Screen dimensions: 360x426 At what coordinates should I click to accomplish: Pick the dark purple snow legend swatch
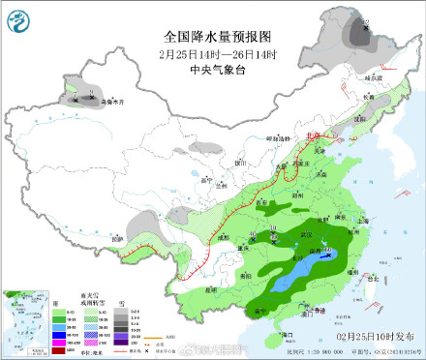[x=124, y=343]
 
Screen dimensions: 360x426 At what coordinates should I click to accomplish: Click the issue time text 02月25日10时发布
[x=379, y=335]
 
